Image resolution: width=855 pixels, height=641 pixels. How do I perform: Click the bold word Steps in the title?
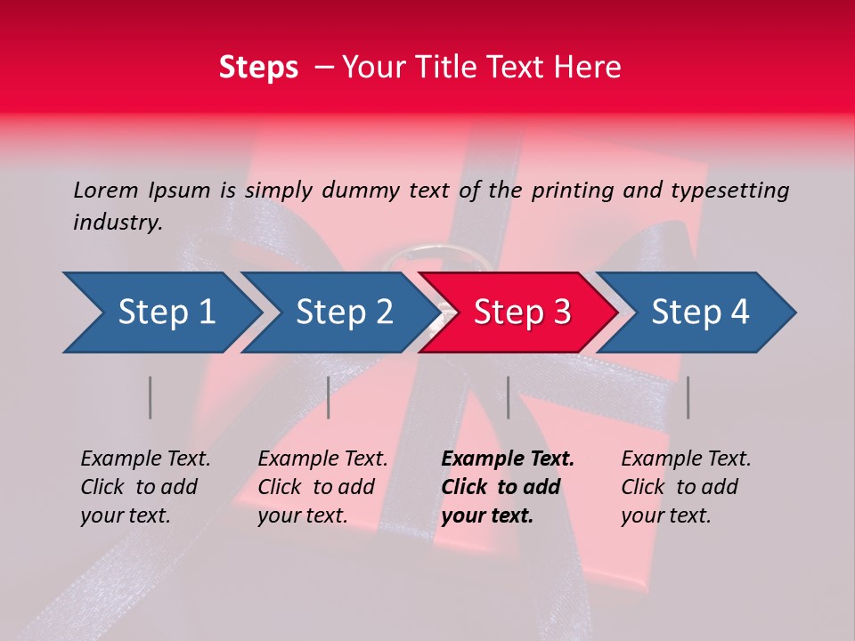coord(258,68)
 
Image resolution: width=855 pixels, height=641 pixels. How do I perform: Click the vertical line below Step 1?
coord(151,397)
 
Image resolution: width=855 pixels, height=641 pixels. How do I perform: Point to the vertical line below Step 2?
coord(329,397)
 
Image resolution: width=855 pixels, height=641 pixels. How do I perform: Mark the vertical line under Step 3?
coord(508,397)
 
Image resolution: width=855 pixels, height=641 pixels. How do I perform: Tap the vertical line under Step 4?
coord(688,397)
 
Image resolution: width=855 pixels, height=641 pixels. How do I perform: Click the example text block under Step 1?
coord(145,487)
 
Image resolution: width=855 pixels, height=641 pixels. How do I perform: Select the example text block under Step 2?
coord(322,487)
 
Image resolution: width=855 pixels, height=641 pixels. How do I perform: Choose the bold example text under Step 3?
coord(508,487)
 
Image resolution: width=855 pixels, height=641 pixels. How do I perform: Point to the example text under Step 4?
coord(686,487)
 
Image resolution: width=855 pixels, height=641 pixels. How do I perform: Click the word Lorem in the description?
coord(105,190)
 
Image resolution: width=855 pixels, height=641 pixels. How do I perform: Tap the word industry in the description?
coord(118,223)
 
